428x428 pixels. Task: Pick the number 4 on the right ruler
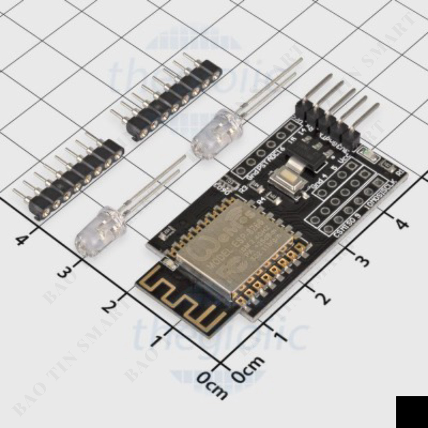pos(400,223)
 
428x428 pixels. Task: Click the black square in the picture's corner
pos(412,412)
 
